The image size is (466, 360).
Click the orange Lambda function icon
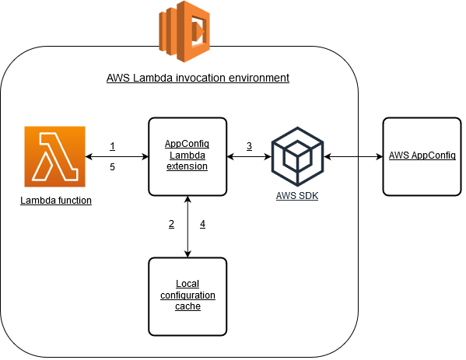tap(55, 157)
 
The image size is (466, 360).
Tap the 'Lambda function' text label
tap(56, 201)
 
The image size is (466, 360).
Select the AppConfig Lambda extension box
tap(187, 156)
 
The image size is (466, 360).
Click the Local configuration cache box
tap(187, 295)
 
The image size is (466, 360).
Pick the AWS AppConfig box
tap(422, 156)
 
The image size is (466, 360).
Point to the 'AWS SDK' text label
tap(296, 194)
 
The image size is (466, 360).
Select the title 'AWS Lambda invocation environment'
tap(198, 79)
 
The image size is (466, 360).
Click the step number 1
tap(113, 146)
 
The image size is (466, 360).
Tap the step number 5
tap(113, 167)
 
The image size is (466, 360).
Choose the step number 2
tap(171, 225)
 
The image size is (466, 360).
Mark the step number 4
tap(202, 225)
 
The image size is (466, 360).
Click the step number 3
tap(249, 146)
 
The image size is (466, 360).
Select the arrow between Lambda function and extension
tap(117, 157)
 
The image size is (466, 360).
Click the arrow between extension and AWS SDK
tap(249, 157)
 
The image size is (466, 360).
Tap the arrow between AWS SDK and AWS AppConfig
tap(354, 157)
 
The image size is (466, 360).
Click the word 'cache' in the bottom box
tap(187, 306)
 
